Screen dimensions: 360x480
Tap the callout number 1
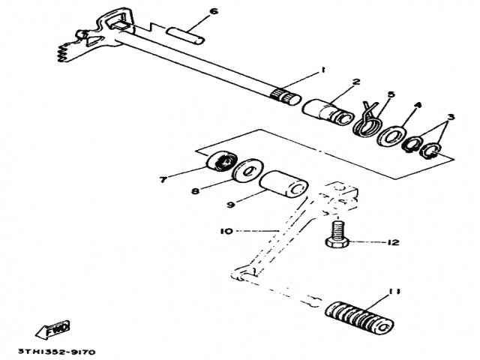click(x=322, y=70)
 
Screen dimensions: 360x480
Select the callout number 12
click(x=394, y=242)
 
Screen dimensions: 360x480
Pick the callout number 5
click(x=389, y=94)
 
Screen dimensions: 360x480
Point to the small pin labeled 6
click(x=184, y=35)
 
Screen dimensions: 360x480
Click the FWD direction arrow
click(x=52, y=329)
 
